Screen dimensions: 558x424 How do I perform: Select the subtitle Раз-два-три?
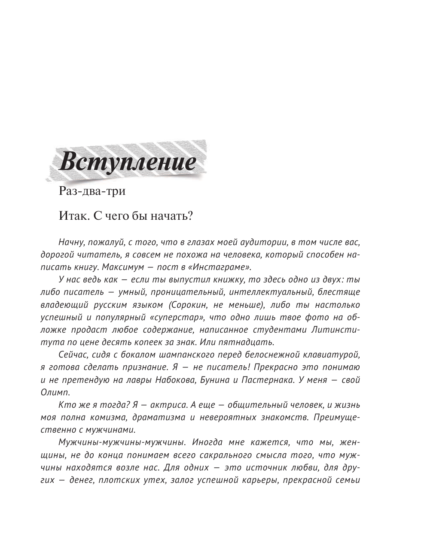click(x=92, y=191)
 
